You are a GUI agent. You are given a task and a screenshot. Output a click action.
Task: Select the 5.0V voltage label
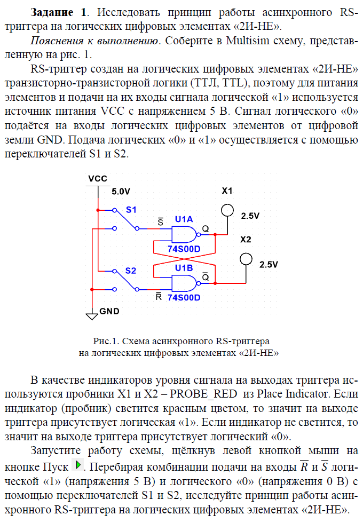pos(121,191)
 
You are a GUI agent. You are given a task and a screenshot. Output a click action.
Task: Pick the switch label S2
pos(131,271)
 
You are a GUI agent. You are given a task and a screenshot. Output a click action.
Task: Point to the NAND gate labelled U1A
pos(183,234)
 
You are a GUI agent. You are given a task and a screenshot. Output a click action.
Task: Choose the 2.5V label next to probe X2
pos(269,264)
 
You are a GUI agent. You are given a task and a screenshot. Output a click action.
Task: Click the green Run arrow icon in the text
pos(78,465)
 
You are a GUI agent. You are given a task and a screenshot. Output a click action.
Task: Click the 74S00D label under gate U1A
pos(184,249)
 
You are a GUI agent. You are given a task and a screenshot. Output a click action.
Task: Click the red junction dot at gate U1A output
pos(215,234)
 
